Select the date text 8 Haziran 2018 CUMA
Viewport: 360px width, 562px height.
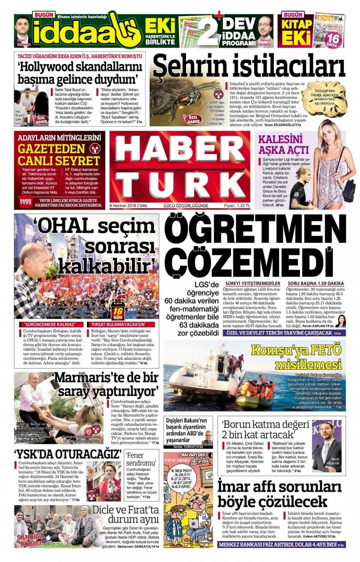click(x=128, y=206)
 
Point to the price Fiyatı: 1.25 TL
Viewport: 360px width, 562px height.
click(x=237, y=206)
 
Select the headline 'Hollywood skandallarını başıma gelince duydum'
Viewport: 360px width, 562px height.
click(x=80, y=73)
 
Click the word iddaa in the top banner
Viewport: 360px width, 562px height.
click(x=73, y=33)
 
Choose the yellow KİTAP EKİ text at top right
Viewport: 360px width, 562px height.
click(x=297, y=31)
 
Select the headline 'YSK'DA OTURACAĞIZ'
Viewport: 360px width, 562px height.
click(x=67, y=454)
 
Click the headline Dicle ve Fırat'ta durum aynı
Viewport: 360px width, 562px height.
click(x=125, y=514)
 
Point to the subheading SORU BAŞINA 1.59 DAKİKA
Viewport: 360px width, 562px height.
click(x=315, y=283)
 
